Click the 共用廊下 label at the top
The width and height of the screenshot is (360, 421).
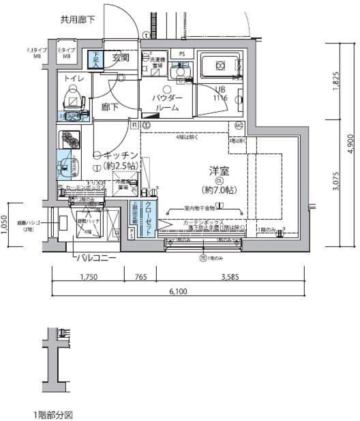(79, 20)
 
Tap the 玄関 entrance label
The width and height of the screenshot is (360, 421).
(121, 59)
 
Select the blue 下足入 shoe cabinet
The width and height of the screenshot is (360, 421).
(97, 60)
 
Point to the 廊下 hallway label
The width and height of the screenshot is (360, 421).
(110, 106)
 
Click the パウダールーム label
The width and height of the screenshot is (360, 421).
(167, 102)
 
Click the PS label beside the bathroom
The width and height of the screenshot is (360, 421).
(181, 53)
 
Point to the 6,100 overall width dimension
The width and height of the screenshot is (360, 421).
(177, 292)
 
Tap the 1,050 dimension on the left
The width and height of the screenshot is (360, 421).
(5, 224)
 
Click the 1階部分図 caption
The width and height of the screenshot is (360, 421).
(52, 414)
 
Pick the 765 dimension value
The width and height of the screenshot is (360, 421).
(140, 278)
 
